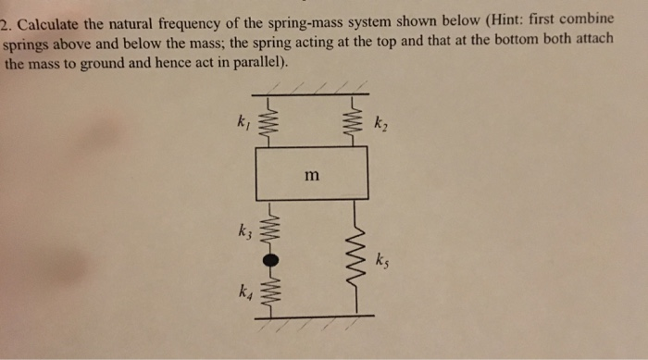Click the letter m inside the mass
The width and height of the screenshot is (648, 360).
click(312, 172)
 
